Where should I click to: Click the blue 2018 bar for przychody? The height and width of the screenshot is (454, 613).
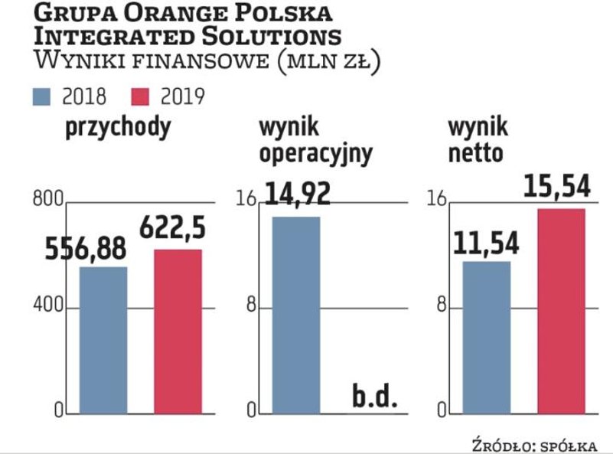[x=103, y=340]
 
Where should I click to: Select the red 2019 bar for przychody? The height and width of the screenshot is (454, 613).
[x=178, y=331]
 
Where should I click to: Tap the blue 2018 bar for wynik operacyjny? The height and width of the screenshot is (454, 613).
[x=295, y=315]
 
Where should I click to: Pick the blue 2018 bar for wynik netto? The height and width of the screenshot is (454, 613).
[x=486, y=337]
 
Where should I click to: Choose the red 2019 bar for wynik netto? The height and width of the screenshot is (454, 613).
[x=561, y=310]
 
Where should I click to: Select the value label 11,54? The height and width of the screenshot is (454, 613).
[x=486, y=243]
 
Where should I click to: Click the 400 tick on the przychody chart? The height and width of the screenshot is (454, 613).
[x=47, y=308]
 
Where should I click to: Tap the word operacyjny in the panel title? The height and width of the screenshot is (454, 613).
[x=316, y=153]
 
